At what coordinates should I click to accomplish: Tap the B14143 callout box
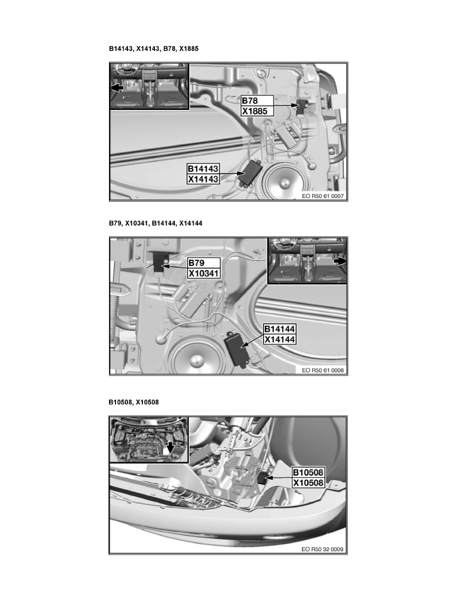click(203, 169)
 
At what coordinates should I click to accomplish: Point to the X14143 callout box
click(203, 180)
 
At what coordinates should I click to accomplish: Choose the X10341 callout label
click(203, 273)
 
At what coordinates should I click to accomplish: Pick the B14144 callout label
click(280, 329)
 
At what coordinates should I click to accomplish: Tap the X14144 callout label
click(280, 340)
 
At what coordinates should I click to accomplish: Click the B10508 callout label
click(308, 473)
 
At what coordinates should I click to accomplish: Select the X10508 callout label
click(308, 483)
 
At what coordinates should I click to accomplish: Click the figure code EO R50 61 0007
click(323, 196)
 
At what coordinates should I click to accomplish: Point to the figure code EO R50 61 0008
click(323, 370)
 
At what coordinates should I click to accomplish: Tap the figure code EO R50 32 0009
click(323, 550)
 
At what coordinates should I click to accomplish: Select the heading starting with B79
click(155, 224)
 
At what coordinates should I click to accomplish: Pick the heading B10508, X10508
click(134, 402)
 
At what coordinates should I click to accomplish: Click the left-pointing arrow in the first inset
click(117, 88)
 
